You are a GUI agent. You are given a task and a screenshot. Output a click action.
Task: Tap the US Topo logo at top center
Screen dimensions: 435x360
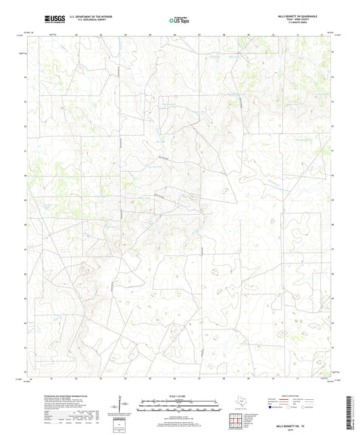point(180,19)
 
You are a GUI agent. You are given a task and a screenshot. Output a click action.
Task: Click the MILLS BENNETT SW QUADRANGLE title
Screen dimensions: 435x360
point(298,15)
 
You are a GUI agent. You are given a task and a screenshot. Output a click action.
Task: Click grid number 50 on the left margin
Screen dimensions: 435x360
point(29,175)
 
